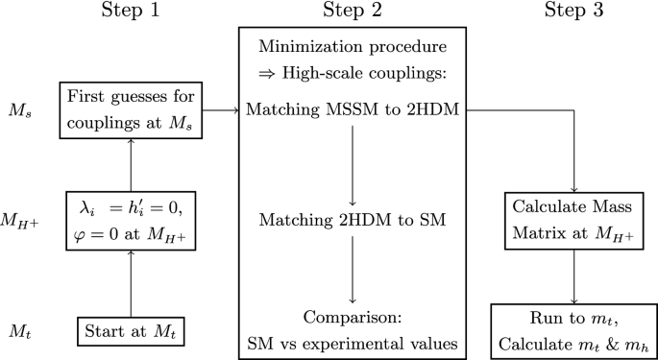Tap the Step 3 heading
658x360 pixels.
click(574, 12)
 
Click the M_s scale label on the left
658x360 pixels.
click(20, 112)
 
